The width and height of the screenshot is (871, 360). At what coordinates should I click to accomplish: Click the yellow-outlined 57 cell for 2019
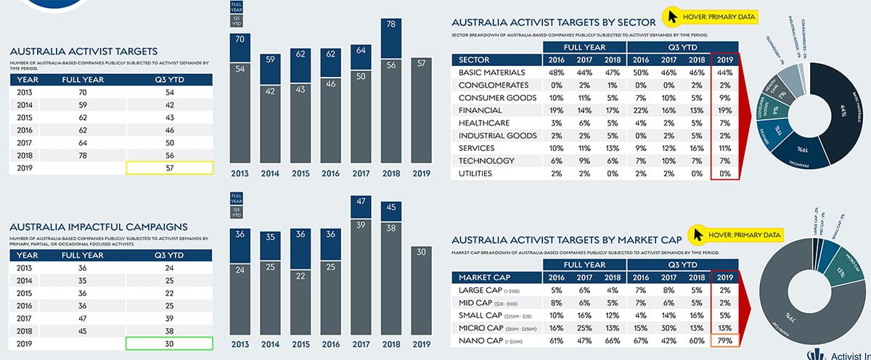pyautogui.click(x=170, y=168)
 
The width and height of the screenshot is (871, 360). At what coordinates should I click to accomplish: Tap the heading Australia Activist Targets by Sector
pyautogui.click(x=553, y=22)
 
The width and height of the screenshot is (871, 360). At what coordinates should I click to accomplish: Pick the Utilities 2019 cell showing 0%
pyautogui.click(x=724, y=173)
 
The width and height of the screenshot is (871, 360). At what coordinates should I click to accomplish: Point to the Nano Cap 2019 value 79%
pyautogui.click(x=724, y=340)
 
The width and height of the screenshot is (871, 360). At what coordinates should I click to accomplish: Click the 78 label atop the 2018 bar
pyautogui.click(x=392, y=25)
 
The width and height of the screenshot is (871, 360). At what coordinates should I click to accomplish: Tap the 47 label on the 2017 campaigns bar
pyautogui.click(x=361, y=201)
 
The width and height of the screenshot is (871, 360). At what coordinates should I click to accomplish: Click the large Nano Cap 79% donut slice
pyautogui.click(x=798, y=305)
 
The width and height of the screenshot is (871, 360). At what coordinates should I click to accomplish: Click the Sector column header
pyautogui.click(x=475, y=60)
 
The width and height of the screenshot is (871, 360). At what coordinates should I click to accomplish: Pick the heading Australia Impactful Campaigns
pyautogui.click(x=99, y=226)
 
